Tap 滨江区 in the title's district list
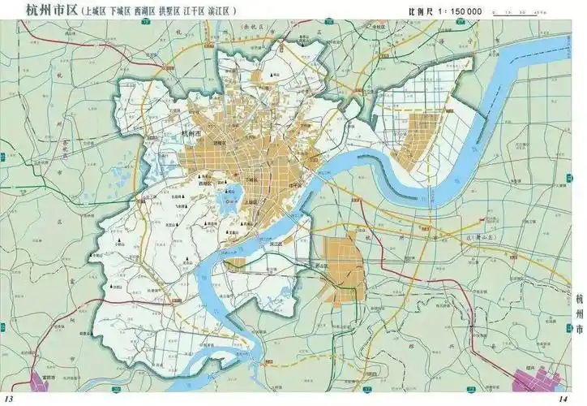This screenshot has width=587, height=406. coord(218,12)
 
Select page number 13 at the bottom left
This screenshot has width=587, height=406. coord(11,398)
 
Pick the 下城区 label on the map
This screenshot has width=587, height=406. coord(252,178)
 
